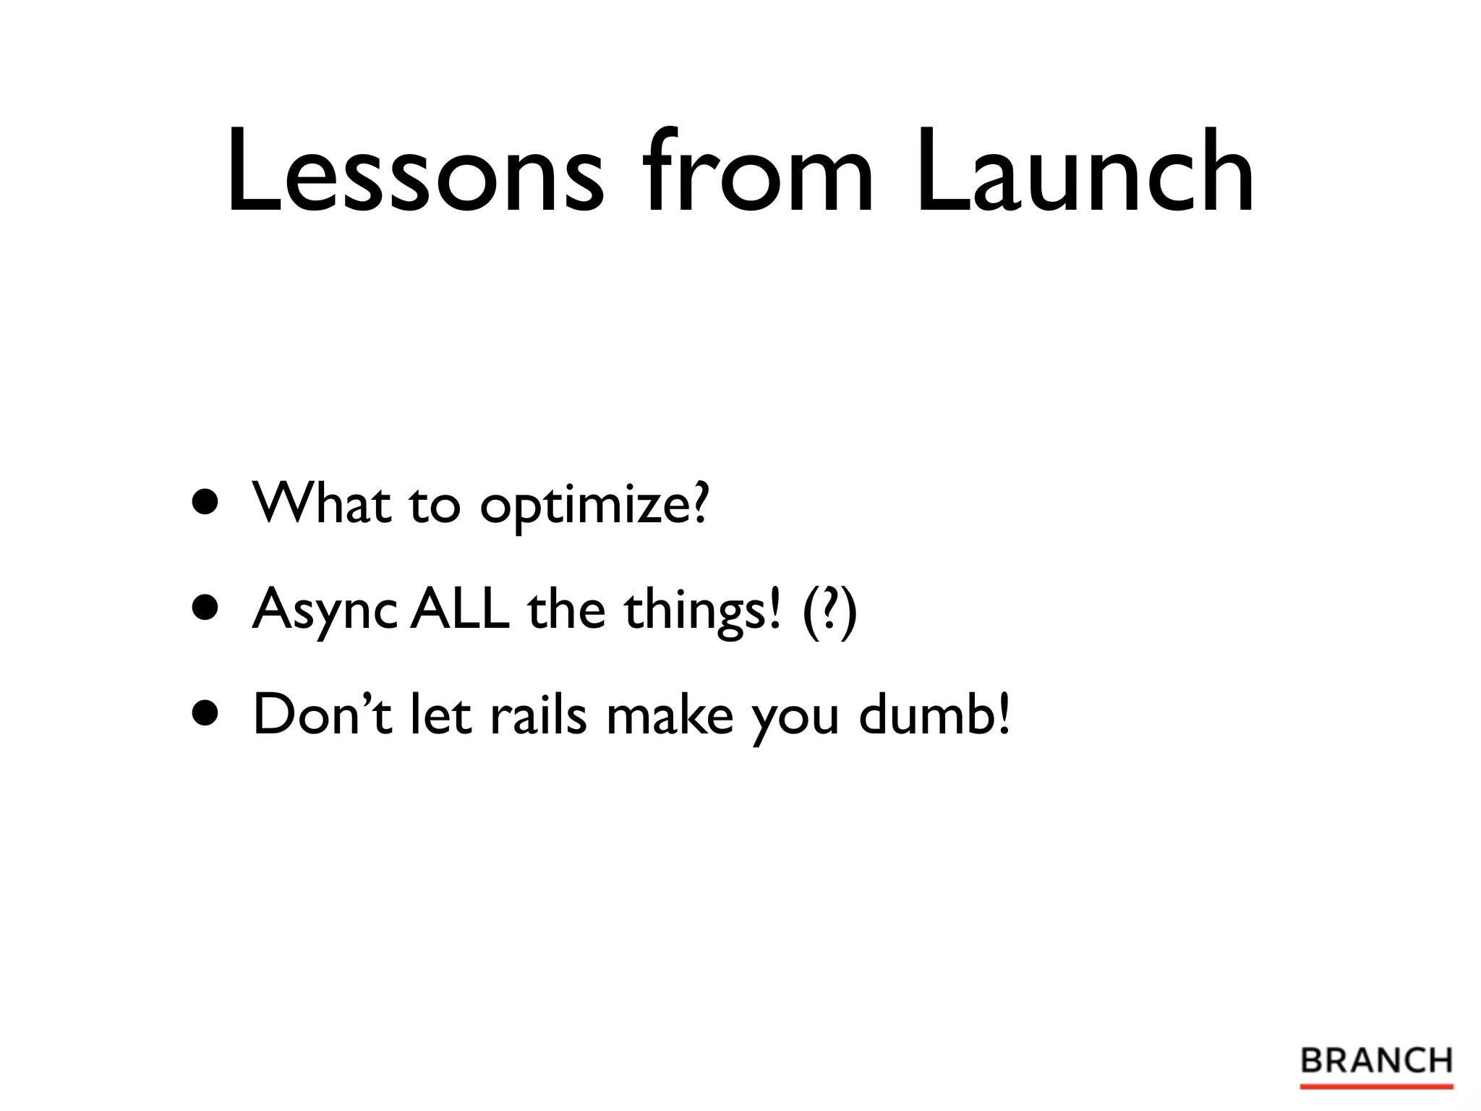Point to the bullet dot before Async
pos(205,608)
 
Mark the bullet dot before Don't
pos(205,714)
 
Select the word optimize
pos(593,506)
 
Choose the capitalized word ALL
pos(460,608)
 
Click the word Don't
pos(323,714)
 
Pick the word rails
pos(538,714)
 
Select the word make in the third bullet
pos(670,714)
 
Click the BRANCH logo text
pos(1376,1061)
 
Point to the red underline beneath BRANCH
pos(1376,1086)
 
